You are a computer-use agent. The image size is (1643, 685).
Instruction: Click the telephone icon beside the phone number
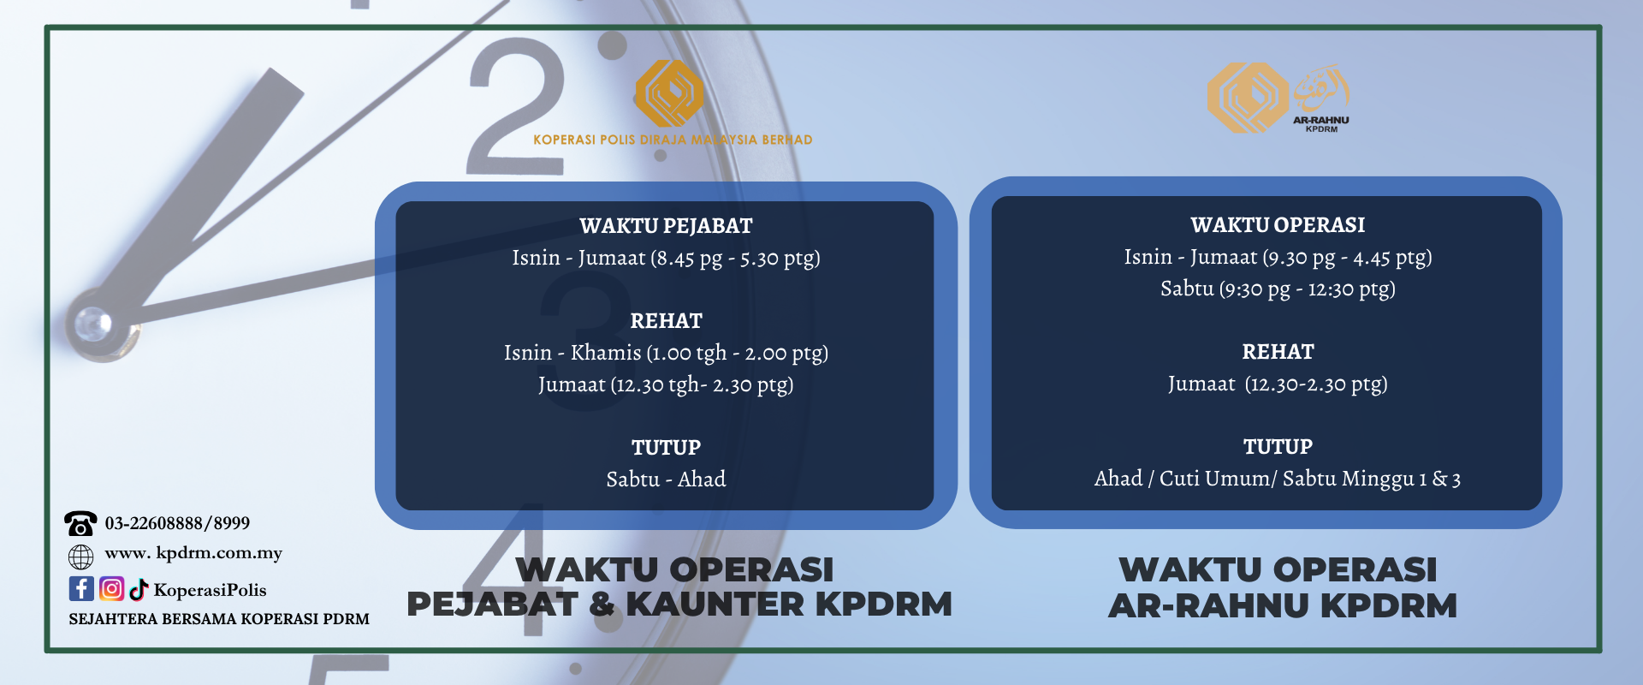point(80,523)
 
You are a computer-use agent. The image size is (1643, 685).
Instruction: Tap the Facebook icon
point(81,589)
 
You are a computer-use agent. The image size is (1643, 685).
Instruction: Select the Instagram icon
point(112,589)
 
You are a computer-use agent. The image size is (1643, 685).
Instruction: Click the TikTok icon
point(139,589)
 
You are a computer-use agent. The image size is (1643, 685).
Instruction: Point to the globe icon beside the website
point(80,557)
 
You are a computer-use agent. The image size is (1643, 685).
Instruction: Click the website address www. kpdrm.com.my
point(193,553)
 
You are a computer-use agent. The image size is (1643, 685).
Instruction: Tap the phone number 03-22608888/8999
point(177,523)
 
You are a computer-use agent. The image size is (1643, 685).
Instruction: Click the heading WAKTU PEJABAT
point(666,226)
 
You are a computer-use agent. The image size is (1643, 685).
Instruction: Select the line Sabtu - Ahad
point(666,479)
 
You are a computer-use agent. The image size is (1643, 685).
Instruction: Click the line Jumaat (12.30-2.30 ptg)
point(1278,384)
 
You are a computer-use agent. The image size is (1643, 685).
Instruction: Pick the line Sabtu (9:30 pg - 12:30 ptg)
point(1278,289)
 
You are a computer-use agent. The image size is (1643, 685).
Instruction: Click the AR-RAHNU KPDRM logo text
point(1320,124)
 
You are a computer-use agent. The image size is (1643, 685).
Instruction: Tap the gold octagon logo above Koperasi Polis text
point(669,92)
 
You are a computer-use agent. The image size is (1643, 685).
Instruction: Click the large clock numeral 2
point(517,106)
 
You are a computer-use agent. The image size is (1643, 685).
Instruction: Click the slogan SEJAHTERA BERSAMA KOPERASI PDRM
point(219,619)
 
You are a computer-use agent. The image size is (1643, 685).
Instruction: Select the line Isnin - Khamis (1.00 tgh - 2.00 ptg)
point(666,353)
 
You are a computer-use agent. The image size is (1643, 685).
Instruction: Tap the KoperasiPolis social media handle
point(210,590)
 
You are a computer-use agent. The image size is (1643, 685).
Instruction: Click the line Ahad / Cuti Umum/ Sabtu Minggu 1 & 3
point(1278,479)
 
